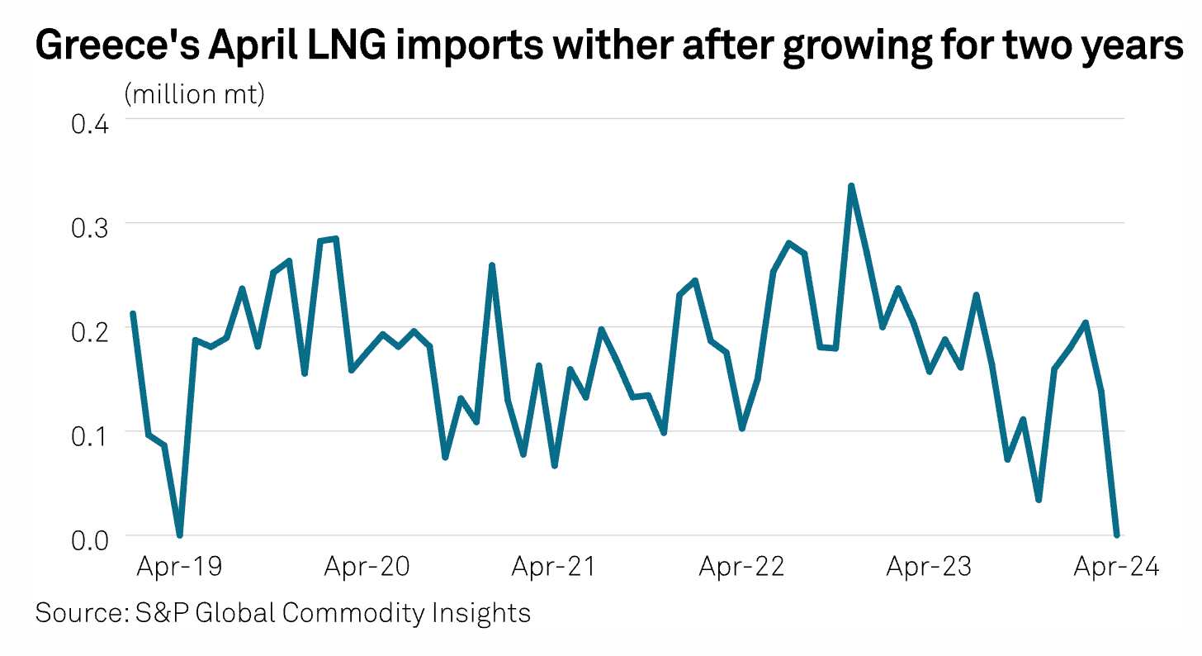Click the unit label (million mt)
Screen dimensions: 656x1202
point(194,95)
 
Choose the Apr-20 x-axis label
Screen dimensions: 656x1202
point(367,568)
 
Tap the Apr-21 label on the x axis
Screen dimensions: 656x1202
point(554,568)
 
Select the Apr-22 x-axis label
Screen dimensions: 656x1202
point(741,568)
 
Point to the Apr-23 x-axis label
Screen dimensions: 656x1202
point(929,568)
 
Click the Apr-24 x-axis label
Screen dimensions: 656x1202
point(1116,568)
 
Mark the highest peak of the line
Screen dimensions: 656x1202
point(851,186)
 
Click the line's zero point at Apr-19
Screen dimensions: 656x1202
point(179,535)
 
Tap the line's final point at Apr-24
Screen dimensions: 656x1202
point(1116,535)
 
